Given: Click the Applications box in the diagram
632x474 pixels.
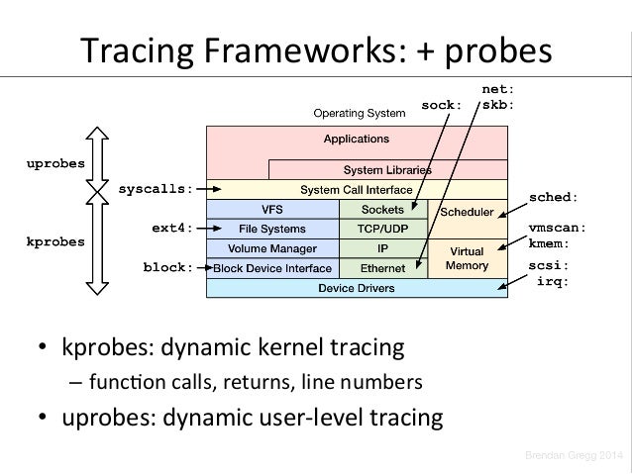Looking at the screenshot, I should click(x=356, y=140).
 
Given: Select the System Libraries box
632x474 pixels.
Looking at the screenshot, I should click(x=386, y=169).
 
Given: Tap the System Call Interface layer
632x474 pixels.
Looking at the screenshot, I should click(x=356, y=188).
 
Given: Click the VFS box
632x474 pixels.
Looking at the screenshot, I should click(x=271, y=209).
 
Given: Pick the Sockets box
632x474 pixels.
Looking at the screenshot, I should click(x=381, y=209).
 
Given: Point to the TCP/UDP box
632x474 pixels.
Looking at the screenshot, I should click(x=381, y=229).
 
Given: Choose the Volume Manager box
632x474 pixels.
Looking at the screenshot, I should click(x=271, y=248).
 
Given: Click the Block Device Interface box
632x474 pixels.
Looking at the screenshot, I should click(x=271, y=268).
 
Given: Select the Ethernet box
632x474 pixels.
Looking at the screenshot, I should click(x=381, y=268).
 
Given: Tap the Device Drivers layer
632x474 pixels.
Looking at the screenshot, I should click(x=356, y=288).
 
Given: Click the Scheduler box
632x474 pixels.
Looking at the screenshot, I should click(x=467, y=213).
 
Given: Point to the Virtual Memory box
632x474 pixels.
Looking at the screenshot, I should click(x=467, y=258).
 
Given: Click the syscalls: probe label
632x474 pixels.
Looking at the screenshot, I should click(x=156, y=187).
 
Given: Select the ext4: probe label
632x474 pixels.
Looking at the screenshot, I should click(x=172, y=228).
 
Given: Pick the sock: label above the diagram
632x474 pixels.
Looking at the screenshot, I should click(x=442, y=103).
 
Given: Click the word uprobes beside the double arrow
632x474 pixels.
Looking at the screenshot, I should click(x=54, y=162).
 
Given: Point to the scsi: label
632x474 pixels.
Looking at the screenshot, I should click(x=549, y=266).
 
